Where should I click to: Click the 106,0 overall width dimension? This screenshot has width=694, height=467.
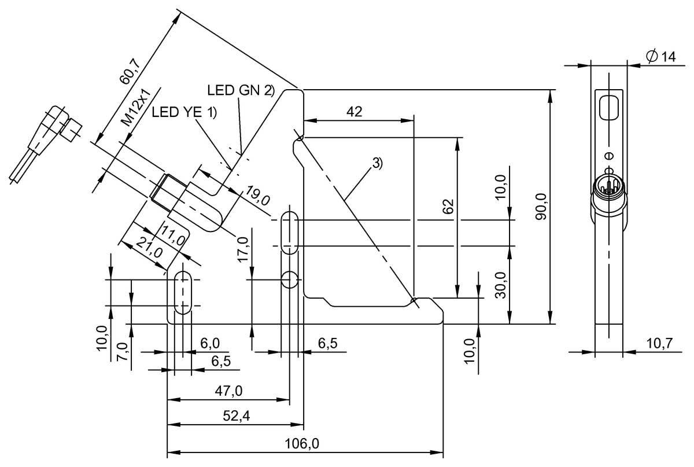[x=302, y=444]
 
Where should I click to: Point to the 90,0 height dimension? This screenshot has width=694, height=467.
[x=541, y=206]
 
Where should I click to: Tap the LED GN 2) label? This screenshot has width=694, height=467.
[x=240, y=90]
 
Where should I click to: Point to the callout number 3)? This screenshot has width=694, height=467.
[x=376, y=163]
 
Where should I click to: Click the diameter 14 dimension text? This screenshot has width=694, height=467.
[x=660, y=57]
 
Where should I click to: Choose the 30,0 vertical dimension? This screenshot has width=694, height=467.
[x=500, y=285]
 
